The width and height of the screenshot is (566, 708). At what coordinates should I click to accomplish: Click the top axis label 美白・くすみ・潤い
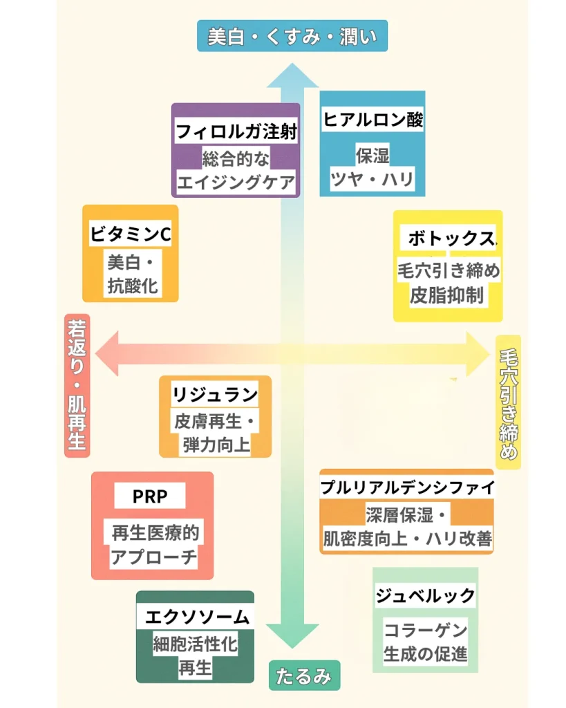292,36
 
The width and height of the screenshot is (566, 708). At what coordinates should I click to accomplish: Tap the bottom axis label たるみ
304,676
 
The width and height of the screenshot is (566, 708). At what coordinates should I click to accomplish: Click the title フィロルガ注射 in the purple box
236,131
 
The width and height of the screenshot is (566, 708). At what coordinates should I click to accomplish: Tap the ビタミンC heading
131,234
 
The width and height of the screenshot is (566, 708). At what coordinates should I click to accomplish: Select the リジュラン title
215,395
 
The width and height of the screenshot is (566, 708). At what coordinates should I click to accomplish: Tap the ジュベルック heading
426,595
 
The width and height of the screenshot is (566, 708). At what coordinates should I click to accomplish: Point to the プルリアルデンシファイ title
407,487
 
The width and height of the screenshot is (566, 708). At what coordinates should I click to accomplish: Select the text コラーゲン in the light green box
426,630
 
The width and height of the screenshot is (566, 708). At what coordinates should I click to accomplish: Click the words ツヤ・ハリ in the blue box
372,180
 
